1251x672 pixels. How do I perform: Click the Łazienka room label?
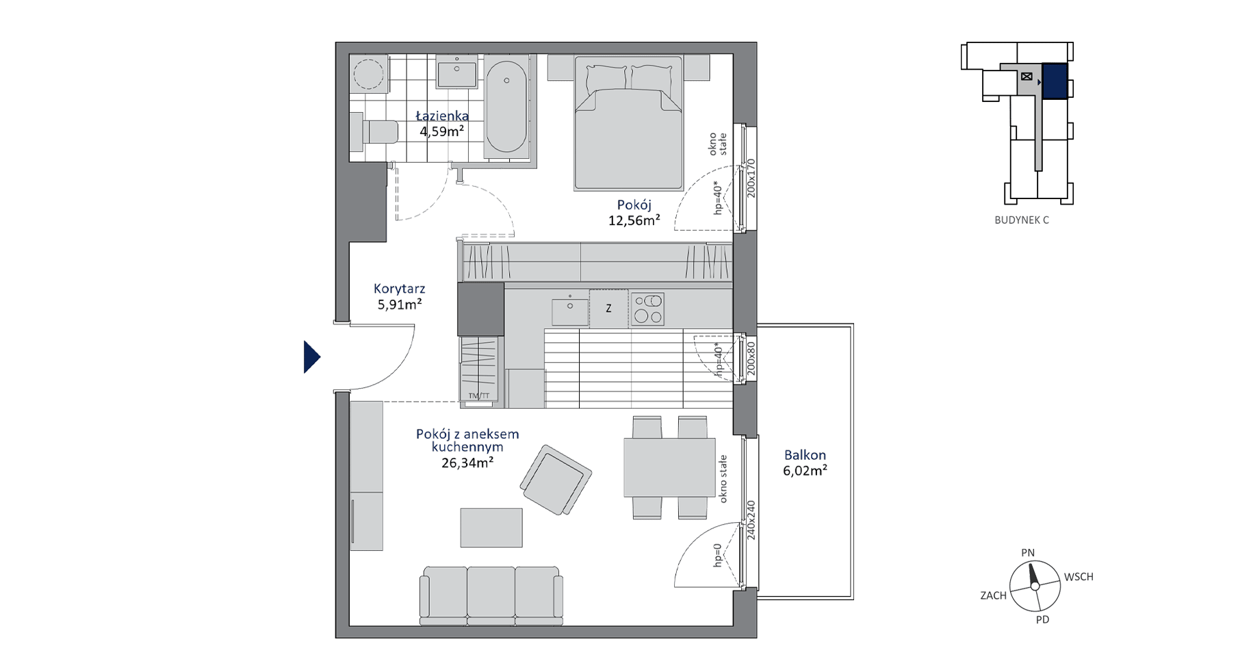(442, 116)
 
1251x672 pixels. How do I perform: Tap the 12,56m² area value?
(634, 220)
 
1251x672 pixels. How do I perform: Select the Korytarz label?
(400, 289)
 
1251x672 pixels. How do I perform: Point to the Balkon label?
(805, 455)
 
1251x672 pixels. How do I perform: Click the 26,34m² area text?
(468, 463)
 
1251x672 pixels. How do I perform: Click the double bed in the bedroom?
(628, 123)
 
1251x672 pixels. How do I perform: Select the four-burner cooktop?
(647, 309)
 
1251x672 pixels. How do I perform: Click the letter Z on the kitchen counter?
(608, 309)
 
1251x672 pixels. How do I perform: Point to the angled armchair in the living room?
(556, 480)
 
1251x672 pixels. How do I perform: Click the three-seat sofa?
(491, 596)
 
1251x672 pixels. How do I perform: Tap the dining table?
(669, 467)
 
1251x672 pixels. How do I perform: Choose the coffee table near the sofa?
(491, 528)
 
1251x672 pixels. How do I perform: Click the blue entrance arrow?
(311, 357)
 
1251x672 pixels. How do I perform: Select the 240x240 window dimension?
(751, 521)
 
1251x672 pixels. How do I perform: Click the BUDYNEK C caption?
(1022, 220)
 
